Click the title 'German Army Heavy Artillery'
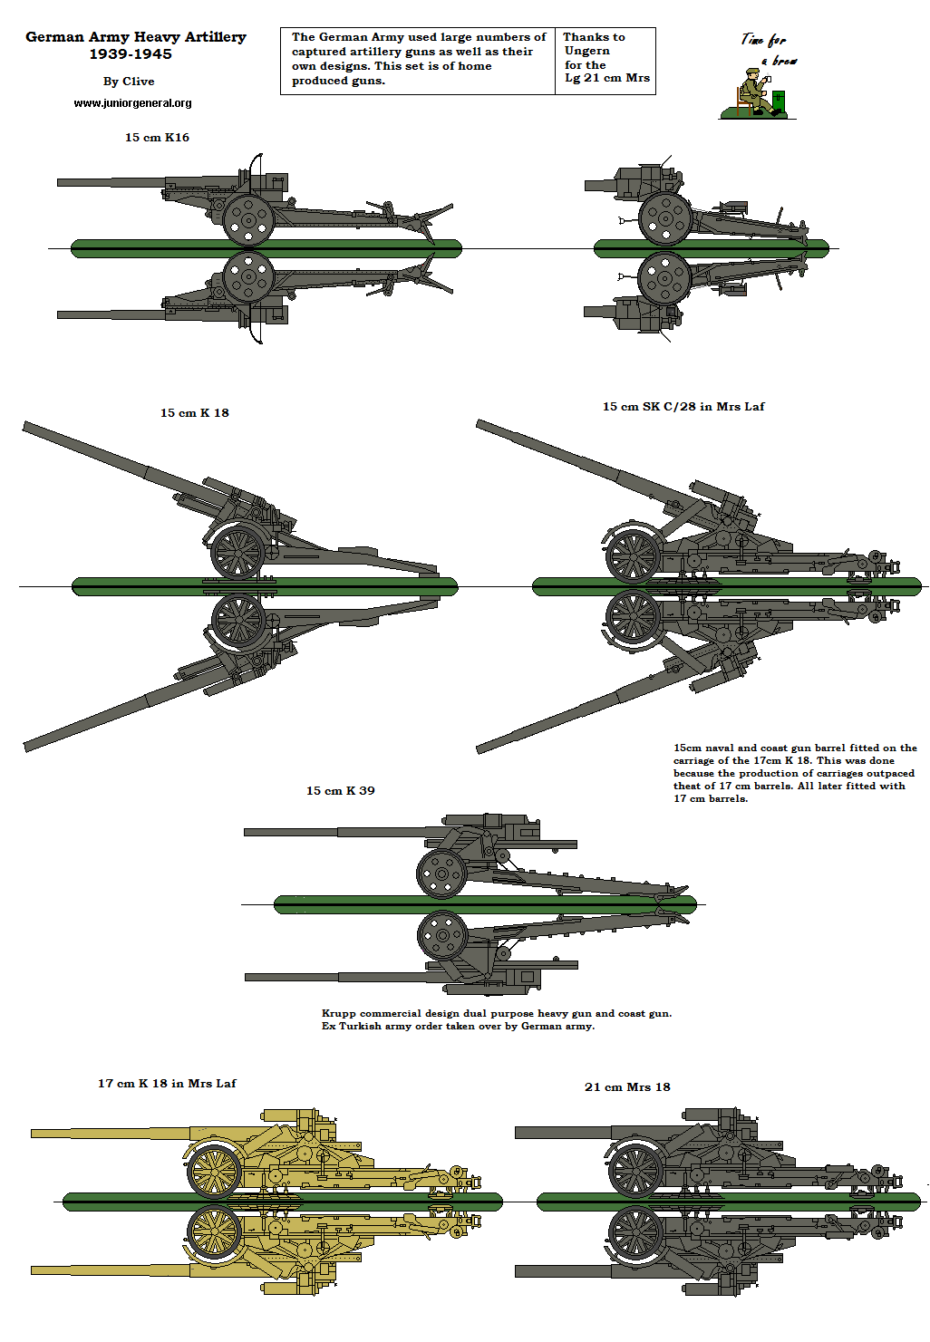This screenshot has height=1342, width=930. [x=136, y=37]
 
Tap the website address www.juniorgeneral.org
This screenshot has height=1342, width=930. [x=132, y=103]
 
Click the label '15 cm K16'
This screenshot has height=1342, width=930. [x=157, y=138]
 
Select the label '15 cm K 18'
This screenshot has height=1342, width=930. [x=195, y=413]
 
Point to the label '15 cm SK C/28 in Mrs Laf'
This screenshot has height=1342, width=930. [x=683, y=407]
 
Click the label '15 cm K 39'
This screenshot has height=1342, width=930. [x=340, y=791]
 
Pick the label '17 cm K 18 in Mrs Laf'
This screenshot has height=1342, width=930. [x=167, y=1084]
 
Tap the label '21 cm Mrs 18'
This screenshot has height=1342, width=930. [x=627, y=1087]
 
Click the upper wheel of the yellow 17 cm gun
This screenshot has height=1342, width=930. [x=215, y=1171]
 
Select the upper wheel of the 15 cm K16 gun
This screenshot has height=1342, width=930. [x=248, y=218]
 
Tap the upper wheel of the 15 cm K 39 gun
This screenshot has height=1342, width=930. [x=441, y=874]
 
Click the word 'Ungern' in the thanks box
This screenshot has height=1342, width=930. [x=586, y=51]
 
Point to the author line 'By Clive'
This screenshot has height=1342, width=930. [x=129, y=82]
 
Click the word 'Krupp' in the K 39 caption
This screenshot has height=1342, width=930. [x=338, y=1014]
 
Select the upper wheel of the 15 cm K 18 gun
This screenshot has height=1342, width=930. [x=237, y=552]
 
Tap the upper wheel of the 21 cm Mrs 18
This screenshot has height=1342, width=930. [x=635, y=1170]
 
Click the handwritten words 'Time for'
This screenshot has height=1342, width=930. [x=763, y=40]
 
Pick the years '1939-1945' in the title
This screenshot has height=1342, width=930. [x=131, y=54]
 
